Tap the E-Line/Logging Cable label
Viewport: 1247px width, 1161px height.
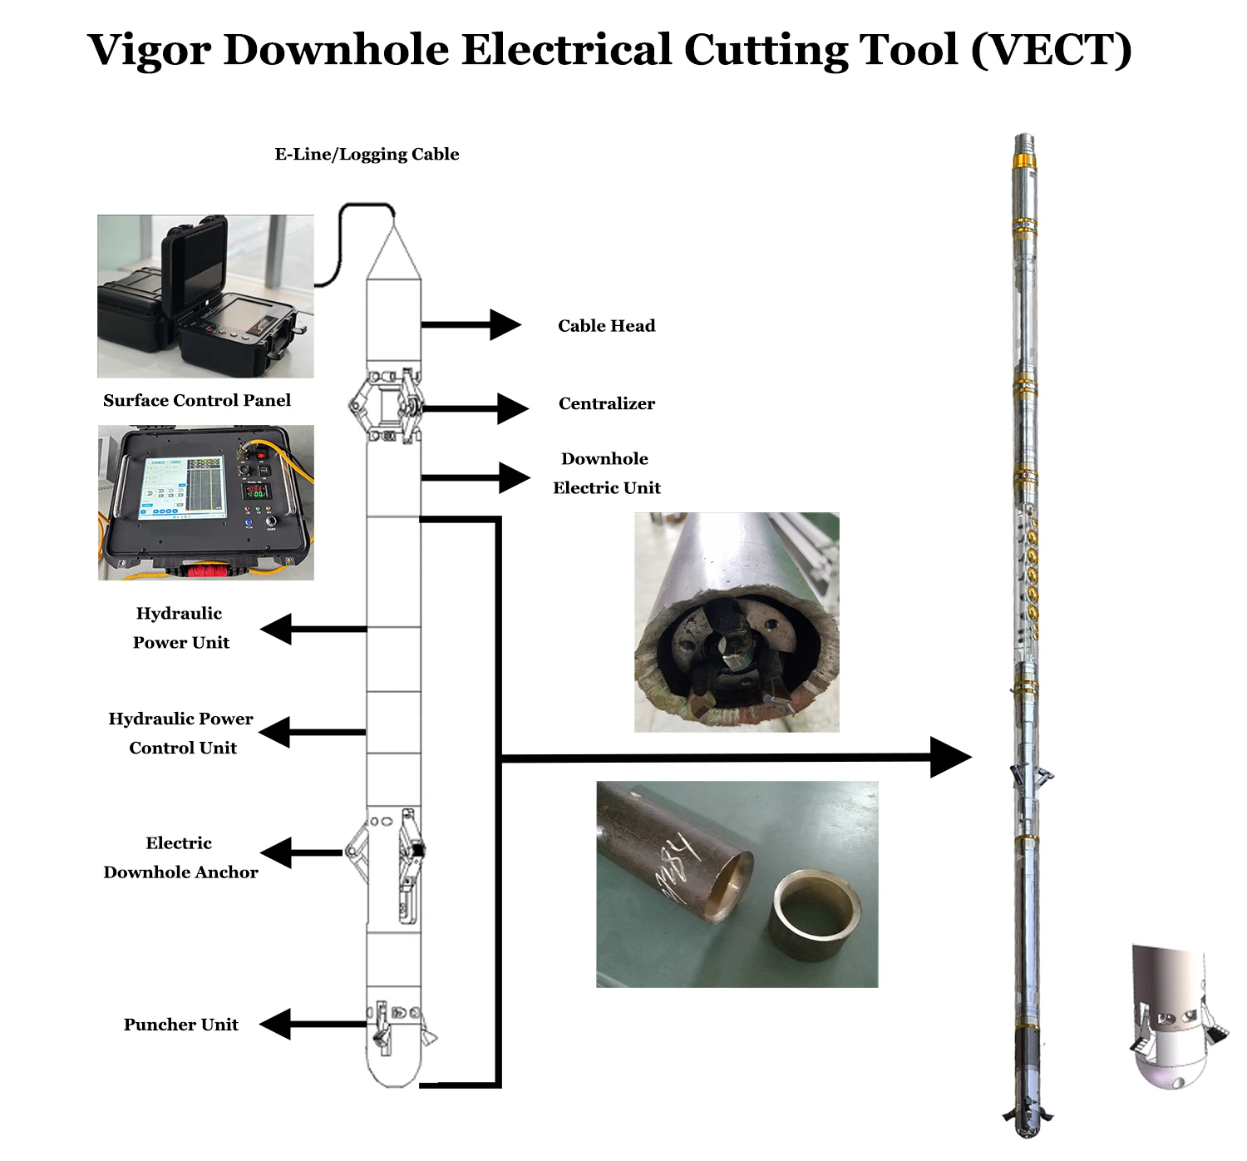point(367,155)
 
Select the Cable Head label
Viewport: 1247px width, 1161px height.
point(607,325)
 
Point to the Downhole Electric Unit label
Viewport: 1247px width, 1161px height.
point(607,473)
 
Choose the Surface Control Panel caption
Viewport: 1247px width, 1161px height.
point(197,400)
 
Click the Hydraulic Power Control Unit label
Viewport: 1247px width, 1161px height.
point(181,733)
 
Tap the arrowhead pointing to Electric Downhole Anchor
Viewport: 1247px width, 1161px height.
point(276,852)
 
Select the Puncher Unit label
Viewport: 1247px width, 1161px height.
point(181,1025)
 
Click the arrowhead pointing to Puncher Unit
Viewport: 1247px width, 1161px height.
point(275,1024)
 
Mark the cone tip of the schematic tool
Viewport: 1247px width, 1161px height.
point(394,226)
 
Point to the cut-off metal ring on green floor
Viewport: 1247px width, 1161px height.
point(815,916)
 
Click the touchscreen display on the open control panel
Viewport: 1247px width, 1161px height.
point(181,487)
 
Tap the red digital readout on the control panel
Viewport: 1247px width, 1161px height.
point(256,491)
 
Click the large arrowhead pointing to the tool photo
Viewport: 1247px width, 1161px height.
point(951,758)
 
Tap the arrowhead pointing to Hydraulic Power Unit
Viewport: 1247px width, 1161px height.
point(276,629)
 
